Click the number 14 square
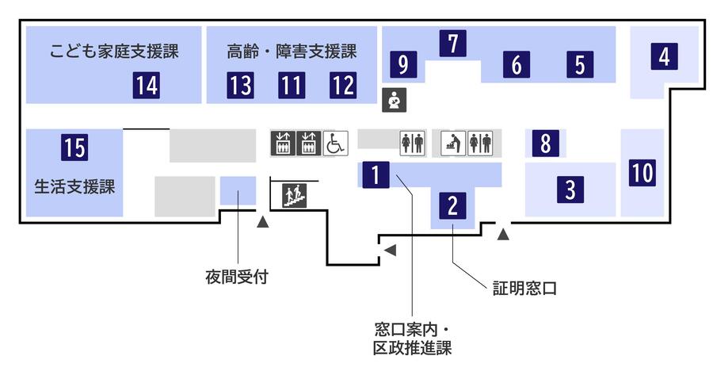pyautogui.click(x=146, y=83)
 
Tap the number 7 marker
pyautogui.click(x=452, y=43)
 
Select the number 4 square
pyautogui.click(x=664, y=56)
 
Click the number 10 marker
pyautogui.click(x=642, y=172)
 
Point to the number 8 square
pyautogui.click(x=545, y=144)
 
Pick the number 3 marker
pyautogui.click(x=570, y=189)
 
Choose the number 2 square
pyautogui.click(x=452, y=205)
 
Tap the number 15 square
pyautogui.click(x=74, y=147)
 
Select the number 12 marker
pyautogui.click(x=342, y=83)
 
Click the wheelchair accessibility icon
pyautogui.click(x=335, y=143)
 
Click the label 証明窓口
pyautogui.click(x=524, y=289)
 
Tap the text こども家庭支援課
pyautogui.click(x=114, y=52)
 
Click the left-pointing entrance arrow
pyautogui.click(x=389, y=251)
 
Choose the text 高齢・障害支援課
pyautogui.click(x=292, y=52)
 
